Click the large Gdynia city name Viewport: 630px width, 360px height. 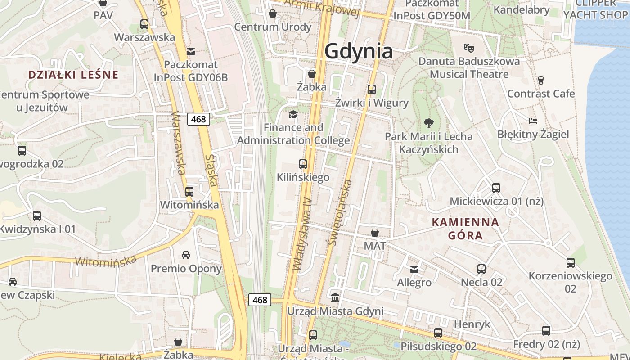pos(359,51)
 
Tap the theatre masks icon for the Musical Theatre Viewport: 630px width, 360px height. pos(469,47)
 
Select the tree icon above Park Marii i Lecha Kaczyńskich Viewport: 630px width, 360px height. pos(429,122)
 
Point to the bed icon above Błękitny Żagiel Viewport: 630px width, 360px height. pos(533,121)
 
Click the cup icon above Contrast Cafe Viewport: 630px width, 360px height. pos(541,80)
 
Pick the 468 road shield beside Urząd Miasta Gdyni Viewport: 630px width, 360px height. pos(260,300)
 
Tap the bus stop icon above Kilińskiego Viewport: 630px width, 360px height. pos(303,164)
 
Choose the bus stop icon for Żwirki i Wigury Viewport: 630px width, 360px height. pos(372,89)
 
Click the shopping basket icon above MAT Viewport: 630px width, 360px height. pos(375,233)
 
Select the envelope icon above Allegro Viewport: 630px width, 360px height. pos(414,269)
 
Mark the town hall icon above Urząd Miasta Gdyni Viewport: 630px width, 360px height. pos(335,297)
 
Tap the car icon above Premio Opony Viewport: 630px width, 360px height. pos(186,255)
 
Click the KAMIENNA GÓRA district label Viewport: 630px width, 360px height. pos(465,228)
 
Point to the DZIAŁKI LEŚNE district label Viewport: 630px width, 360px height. pos(73,75)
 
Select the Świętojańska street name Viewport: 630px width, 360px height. pos(340,212)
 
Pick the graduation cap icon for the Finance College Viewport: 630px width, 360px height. pos(293,114)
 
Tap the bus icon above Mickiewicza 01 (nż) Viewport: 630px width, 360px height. pos(496,188)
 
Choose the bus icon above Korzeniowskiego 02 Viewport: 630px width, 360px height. pos(571,262)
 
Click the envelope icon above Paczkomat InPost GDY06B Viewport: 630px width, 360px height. pos(191,51)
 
